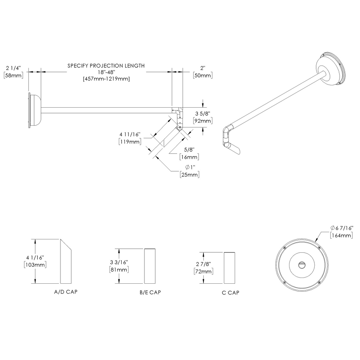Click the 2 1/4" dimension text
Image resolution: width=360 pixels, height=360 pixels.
[14, 68]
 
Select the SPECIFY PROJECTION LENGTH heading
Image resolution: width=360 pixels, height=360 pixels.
[106, 66]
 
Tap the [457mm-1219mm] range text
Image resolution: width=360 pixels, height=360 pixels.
[106, 79]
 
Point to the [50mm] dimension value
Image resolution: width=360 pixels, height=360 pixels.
[203, 75]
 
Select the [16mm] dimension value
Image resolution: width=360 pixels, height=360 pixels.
[189, 157]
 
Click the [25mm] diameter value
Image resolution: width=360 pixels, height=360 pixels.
[189, 175]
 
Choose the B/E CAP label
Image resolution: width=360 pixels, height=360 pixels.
[150, 292]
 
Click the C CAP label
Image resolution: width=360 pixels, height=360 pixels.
[230, 292]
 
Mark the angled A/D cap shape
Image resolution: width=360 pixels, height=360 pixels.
[66, 263]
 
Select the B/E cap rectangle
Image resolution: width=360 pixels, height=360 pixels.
[150, 266]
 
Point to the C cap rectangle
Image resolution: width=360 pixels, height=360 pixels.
[230, 268]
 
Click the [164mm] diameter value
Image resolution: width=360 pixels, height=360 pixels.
[341, 235]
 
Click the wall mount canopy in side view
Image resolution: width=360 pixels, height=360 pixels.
[34, 111]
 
